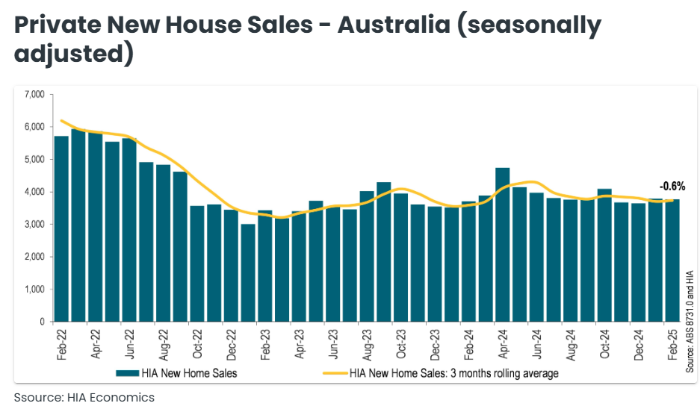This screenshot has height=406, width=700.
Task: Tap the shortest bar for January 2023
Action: coord(248,272)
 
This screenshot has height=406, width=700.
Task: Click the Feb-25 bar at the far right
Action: coord(672,260)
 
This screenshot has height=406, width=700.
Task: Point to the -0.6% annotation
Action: coord(672,187)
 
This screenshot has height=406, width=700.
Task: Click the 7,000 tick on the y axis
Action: coord(34,94)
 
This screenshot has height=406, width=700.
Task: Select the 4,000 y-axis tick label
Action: coord(34,192)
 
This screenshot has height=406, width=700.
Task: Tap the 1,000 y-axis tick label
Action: coord(34,289)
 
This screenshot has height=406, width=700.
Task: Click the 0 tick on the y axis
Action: coord(43,322)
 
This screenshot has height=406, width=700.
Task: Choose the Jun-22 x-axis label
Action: coord(129,343)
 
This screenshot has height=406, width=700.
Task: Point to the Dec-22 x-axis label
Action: coord(231,343)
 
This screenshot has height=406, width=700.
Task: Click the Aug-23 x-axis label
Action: coord(367,343)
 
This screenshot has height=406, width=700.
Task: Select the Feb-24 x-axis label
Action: coord(468,343)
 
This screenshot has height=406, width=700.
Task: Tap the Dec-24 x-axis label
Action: coord(638,343)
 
